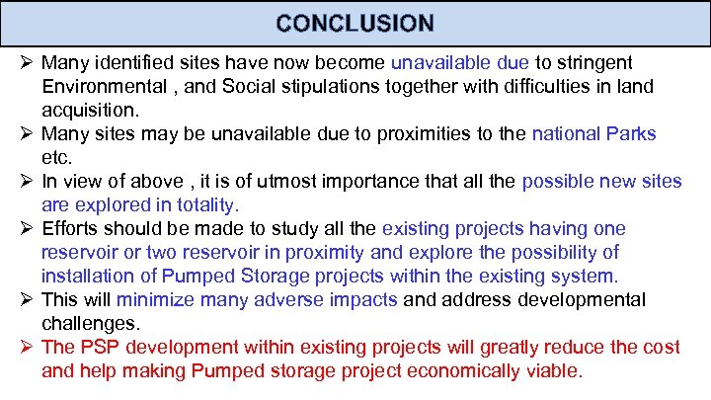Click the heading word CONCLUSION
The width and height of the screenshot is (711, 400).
[x=355, y=23]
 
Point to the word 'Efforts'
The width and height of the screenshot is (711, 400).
[x=71, y=229]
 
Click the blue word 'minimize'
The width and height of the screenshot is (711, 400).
[x=154, y=299]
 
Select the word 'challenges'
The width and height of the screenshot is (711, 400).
[x=87, y=322]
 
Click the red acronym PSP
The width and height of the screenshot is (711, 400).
[x=96, y=348]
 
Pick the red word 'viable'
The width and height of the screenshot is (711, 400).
[x=557, y=370]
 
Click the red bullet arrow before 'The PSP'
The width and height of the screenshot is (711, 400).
[x=29, y=348]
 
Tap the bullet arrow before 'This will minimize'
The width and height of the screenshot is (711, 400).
[x=29, y=299]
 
